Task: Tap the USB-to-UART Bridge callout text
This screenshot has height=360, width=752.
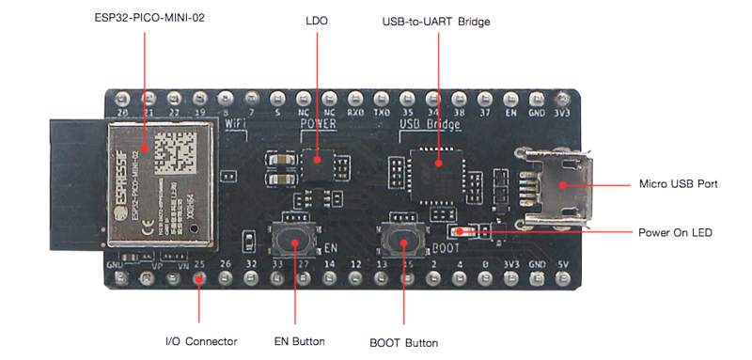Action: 437,20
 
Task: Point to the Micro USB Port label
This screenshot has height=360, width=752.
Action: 678,184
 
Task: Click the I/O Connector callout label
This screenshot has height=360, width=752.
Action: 200,340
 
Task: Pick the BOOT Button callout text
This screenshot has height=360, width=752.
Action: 404,341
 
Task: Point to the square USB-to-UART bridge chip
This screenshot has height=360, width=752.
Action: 439,169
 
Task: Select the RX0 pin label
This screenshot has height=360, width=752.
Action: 355,110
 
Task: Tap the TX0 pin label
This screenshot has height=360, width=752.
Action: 382,110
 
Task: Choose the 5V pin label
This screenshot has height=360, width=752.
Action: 562,265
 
